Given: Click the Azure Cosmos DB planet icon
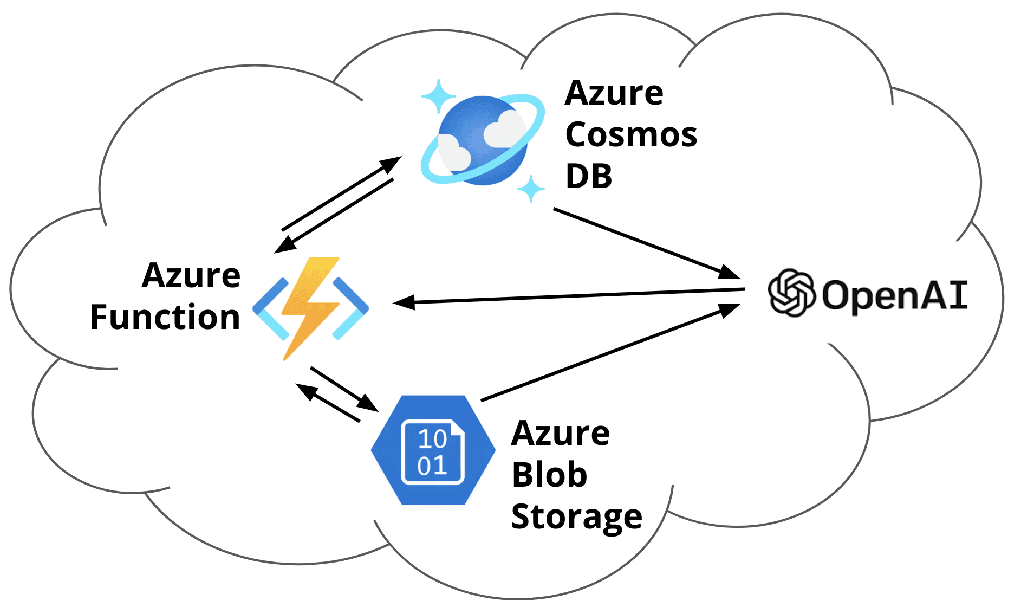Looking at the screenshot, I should [482, 140].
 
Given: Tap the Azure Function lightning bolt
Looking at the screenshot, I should [310, 307].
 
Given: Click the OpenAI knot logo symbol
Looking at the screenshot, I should [791, 293].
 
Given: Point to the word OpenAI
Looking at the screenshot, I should [894, 295].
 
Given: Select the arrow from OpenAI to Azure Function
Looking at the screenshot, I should [569, 296].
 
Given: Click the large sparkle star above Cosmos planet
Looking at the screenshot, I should [438, 96].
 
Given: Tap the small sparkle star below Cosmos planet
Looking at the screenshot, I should [531, 189].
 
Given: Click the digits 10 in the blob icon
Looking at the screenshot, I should [432, 439].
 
